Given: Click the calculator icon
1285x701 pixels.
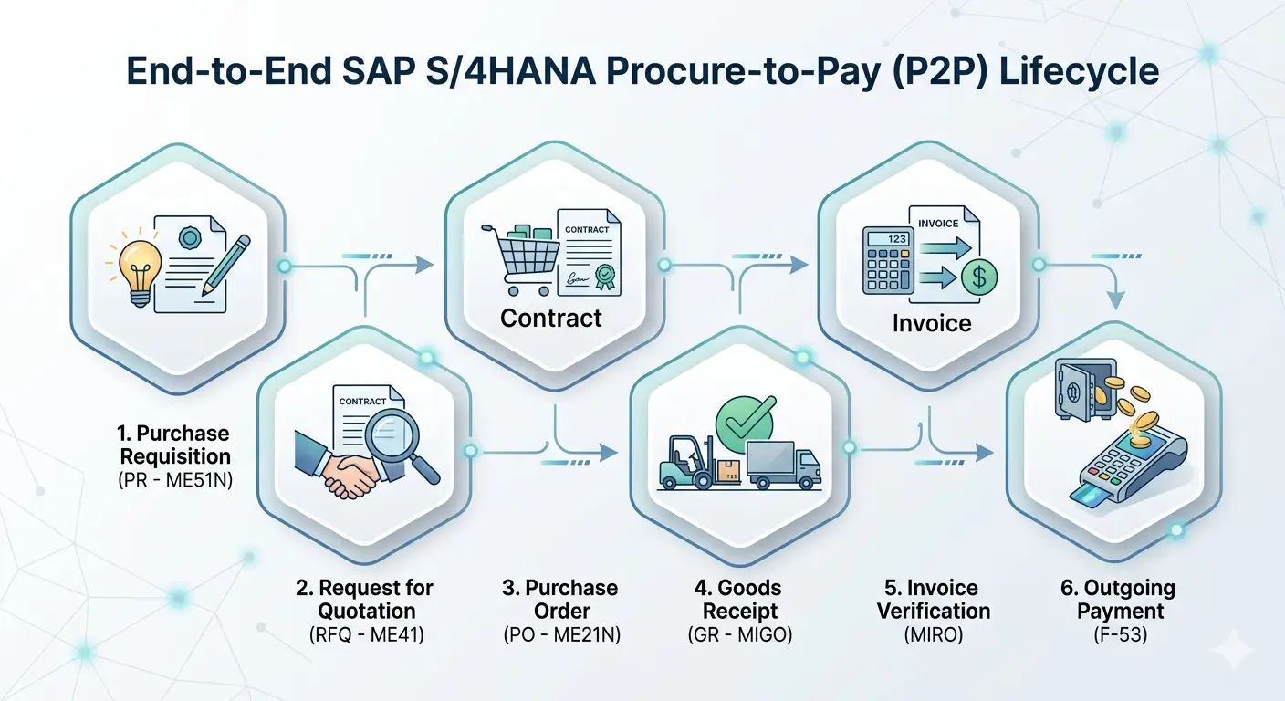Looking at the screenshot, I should point(889,260).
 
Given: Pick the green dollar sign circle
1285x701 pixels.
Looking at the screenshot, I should point(978,277).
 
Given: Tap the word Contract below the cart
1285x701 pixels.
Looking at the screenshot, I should point(551,319).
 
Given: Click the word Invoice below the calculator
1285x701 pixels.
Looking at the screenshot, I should point(931,323).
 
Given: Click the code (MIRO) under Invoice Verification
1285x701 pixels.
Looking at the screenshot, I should point(934,634).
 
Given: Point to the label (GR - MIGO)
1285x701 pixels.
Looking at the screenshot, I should point(740,634).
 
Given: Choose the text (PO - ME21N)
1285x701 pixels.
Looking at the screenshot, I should point(560,634).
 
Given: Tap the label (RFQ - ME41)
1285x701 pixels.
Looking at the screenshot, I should point(364,634).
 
